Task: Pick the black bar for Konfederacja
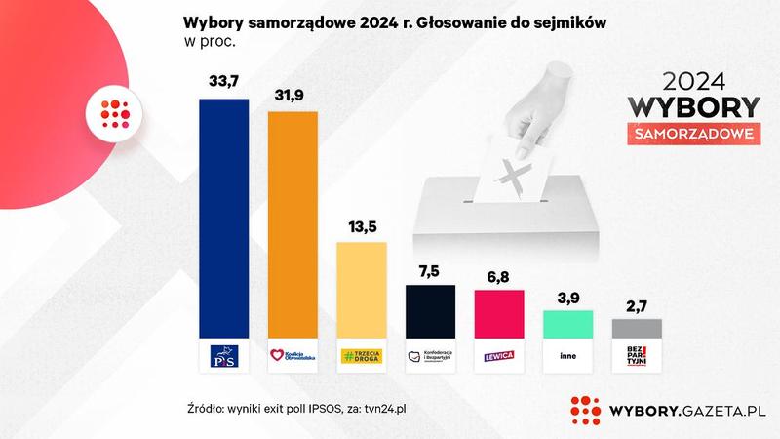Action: (430, 311)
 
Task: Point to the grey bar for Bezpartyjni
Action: (636, 328)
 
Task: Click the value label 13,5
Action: (362, 226)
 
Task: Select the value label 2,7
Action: (636, 305)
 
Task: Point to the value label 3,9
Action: (567, 297)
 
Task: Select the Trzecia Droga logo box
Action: (362, 356)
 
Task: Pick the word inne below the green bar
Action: (567, 356)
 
